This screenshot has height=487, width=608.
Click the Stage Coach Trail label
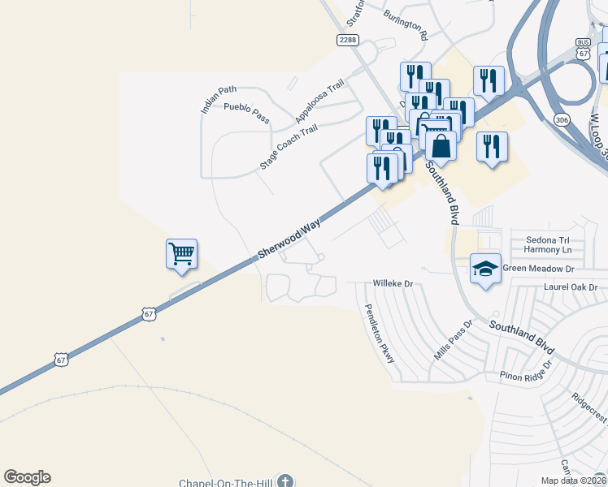coord(288,147)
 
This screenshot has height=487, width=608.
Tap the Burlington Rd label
coord(406,26)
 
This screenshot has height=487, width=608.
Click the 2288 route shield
coord(347,40)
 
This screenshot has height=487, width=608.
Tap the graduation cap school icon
coord(484,268)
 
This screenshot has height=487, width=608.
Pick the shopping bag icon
coord(441,146)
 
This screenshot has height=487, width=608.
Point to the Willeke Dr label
coord(393,284)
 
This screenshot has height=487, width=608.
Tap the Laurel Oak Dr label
coord(571,287)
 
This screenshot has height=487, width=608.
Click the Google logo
coord(27,477)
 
